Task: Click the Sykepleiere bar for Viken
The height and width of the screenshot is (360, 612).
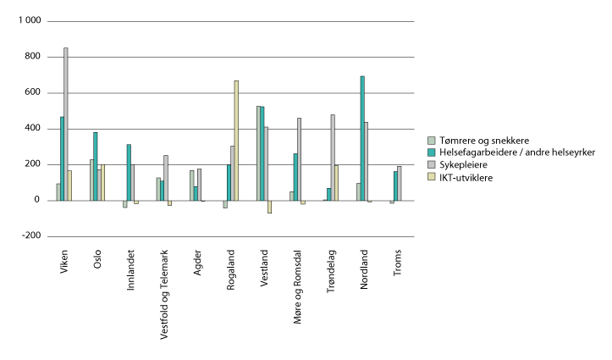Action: pyautogui.click(x=66, y=124)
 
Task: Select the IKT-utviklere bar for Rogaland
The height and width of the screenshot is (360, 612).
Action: pyautogui.click(x=236, y=141)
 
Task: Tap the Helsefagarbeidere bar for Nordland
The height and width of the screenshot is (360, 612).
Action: pyautogui.click(x=362, y=138)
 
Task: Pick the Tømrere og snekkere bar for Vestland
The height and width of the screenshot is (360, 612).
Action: pyautogui.click(x=259, y=153)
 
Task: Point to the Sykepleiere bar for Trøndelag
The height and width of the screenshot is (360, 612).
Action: pyautogui.click(x=333, y=158)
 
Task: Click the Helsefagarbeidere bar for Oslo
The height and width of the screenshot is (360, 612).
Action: pyautogui.click(x=96, y=166)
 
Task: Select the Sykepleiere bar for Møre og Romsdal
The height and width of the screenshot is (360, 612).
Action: pyautogui.click(x=299, y=159)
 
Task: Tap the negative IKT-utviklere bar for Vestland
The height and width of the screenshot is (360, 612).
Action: pyautogui.click(x=269, y=207)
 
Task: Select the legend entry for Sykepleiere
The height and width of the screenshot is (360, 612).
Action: pyautogui.click(x=461, y=165)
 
